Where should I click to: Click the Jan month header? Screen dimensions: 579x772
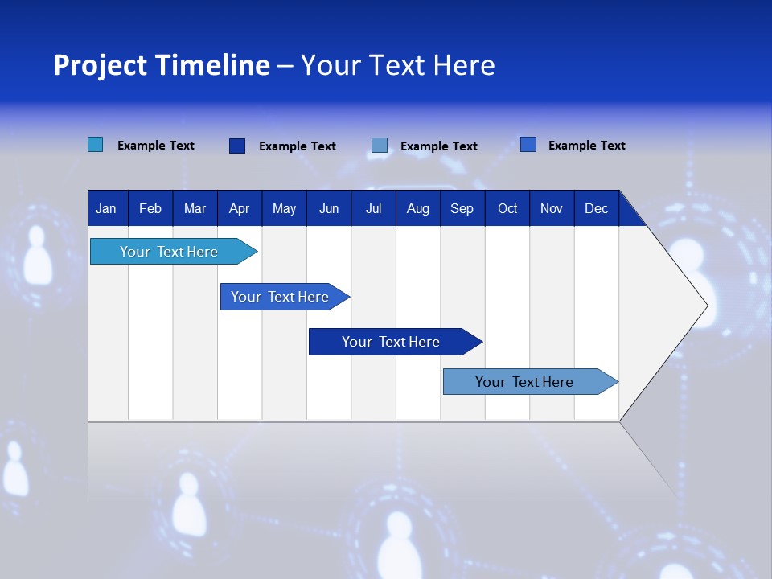pyautogui.click(x=106, y=209)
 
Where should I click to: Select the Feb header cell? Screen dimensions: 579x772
pyautogui.click(x=150, y=209)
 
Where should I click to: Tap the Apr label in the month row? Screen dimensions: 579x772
pyautogui.click(x=239, y=209)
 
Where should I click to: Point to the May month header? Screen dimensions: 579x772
pyautogui.click(x=284, y=209)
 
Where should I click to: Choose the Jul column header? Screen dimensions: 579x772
pyautogui.click(x=373, y=209)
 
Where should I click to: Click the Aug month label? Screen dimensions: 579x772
pyautogui.click(x=417, y=209)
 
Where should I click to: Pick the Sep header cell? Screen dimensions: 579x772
pyautogui.click(x=462, y=209)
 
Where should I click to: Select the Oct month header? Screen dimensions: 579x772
pyautogui.click(x=507, y=209)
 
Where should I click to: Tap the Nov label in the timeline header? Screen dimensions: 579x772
pyautogui.click(x=552, y=209)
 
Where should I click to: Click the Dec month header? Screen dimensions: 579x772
pyautogui.click(x=596, y=209)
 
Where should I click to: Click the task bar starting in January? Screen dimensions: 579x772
pyautogui.click(x=169, y=252)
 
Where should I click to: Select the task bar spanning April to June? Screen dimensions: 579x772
pyautogui.click(x=280, y=297)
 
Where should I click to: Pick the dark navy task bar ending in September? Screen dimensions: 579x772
pyautogui.click(x=391, y=342)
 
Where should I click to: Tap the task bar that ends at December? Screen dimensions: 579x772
pyautogui.click(x=524, y=382)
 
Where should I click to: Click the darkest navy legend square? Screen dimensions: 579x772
pyautogui.click(x=237, y=146)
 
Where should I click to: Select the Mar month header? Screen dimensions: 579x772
pyautogui.click(x=195, y=209)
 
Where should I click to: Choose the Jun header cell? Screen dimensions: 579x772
pyautogui.click(x=329, y=209)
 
